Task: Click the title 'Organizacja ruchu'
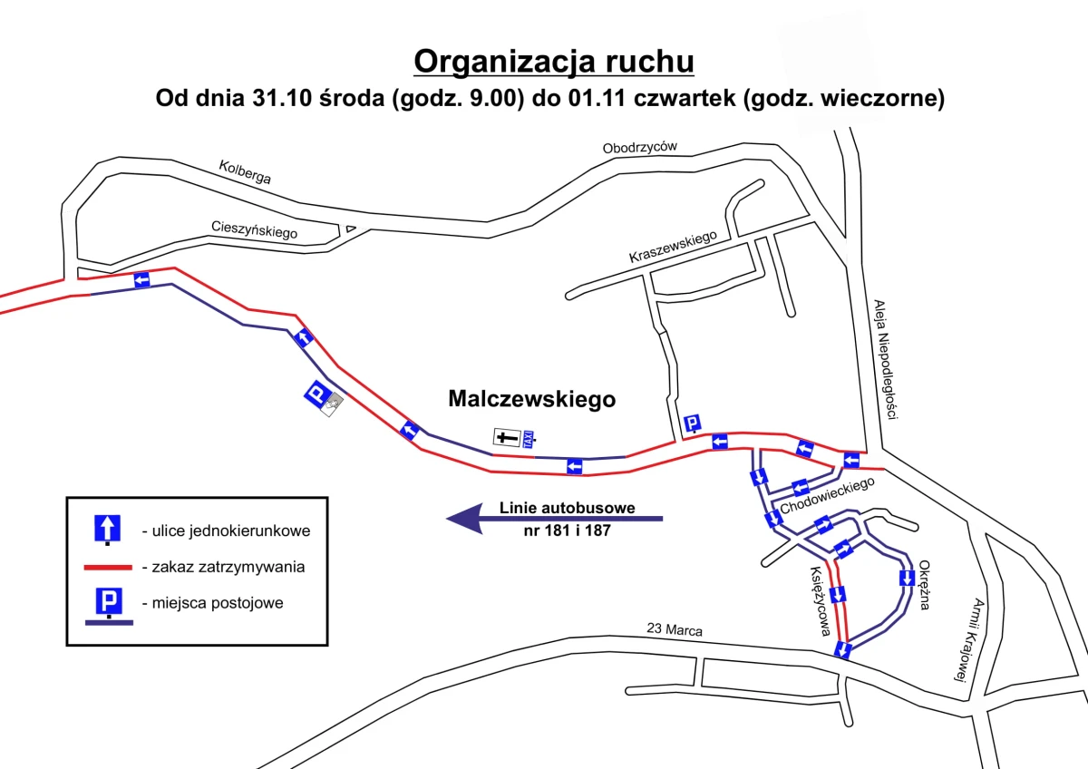pyautogui.click(x=554, y=62)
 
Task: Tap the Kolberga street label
pyautogui.click(x=245, y=172)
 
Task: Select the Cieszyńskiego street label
pyautogui.click(x=254, y=229)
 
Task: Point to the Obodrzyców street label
pyautogui.click(x=640, y=147)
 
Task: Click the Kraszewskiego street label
pyautogui.click(x=673, y=247)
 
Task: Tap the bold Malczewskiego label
pyautogui.click(x=532, y=399)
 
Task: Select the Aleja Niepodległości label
pyautogui.click(x=886, y=359)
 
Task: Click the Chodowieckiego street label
pyautogui.click(x=827, y=495)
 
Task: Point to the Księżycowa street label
pyautogui.click(x=820, y=601)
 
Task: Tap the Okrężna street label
pyautogui.click(x=924, y=585)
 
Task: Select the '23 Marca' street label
pyautogui.click(x=675, y=629)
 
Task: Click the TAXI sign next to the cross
pyautogui.click(x=529, y=439)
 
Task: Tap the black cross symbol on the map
pyautogui.click(x=507, y=437)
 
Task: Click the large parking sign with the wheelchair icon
pyautogui.click(x=324, y=398)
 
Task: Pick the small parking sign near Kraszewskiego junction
pyautogui.click(x=692, y=423)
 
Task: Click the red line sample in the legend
pyautogui.click(x=108, y=568)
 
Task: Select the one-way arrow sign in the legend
pyautogui.click(x=107, y=529)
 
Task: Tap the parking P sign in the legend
pyautogui.click(x=109, y=602)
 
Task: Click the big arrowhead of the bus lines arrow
pyautogui.click(x=465, y=519)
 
